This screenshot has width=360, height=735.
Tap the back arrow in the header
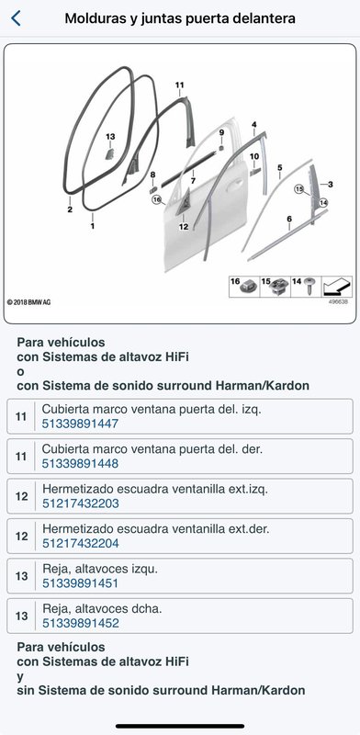pyautogui.click(x=16, y=18)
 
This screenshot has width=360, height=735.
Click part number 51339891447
pyautogui.click(x=80, y=424)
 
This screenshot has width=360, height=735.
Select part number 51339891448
pyautogui.click(x=80, y=464)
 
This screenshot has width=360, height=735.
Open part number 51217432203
pyautogui.click(x=81, y=503)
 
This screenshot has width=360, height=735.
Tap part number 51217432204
pyautogui.click(x=81, y=543)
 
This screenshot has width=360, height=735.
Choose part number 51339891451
pyautogui.click(x=80, y=583)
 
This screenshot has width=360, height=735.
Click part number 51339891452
pyautogui.click(x=81, y=623)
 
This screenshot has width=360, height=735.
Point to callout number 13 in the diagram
pyautogui.click(x=110, y=137)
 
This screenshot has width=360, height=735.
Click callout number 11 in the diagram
pyautogui.click(x=179, y=85)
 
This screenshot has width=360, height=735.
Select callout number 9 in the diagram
pyautogui.click(x=221, y=132)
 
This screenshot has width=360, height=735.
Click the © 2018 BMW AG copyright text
pyautogui.click(x=29, y=302)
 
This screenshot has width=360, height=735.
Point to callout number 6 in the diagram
pyautogui.click(x=289, y=219)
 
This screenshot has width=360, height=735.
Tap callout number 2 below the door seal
pyautogui.click(x=70, y=209)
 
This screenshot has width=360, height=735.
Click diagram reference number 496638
pyautogui.click(x=338, y=302)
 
